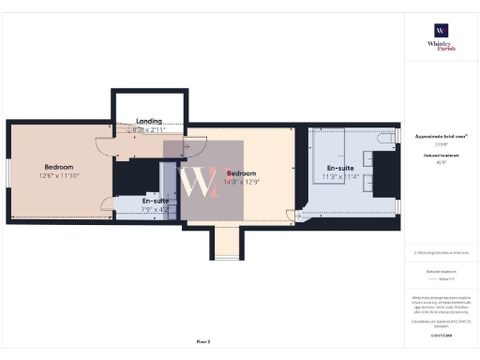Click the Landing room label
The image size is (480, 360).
click(x=149, y=121)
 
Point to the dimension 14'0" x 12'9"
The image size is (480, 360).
click(x=242, y=182)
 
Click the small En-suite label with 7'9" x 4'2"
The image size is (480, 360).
click(x=156, y=202)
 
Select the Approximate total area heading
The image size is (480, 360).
click(x=440, y=136)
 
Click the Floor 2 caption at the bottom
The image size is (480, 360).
click(x=203, y=341)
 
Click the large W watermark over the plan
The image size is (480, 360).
click(x=203, y=181)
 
